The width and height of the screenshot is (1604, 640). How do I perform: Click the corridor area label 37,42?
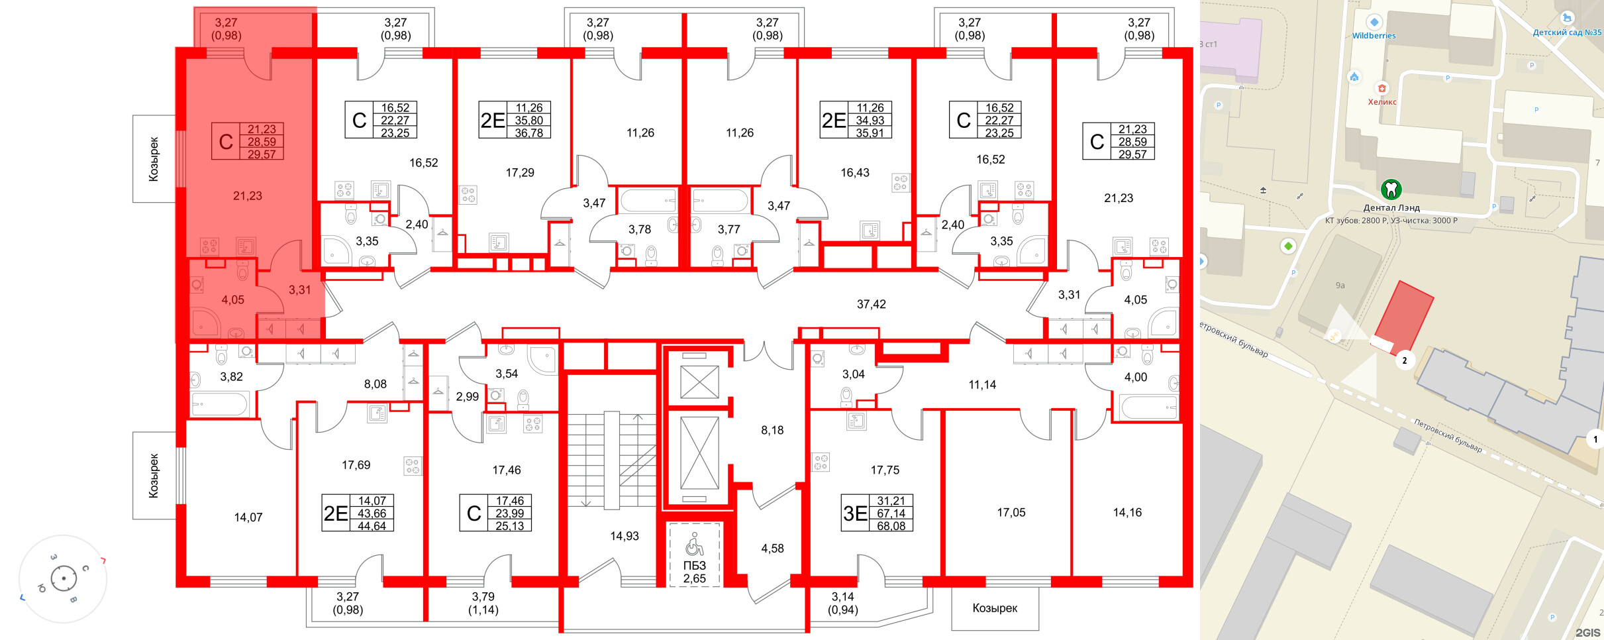(x=871, y=304)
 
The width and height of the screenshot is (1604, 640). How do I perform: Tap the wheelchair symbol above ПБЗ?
(x=694, y=545)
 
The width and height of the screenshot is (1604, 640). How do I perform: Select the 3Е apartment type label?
(x=855, y=513)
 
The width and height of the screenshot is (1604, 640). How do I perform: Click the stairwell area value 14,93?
(x=624, y=536)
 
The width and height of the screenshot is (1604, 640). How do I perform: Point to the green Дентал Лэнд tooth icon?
(x=1391, y=189)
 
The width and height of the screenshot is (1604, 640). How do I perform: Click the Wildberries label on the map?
(x=1374, y=36)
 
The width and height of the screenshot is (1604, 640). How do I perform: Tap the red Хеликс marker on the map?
(x=1381, y=88)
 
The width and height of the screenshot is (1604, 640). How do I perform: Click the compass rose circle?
(x=64, y=578)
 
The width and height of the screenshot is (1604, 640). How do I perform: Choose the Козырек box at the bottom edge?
(x=995, y=608)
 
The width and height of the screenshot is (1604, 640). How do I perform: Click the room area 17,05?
(x=1011, y=512)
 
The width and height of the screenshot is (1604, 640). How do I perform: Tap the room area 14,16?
(x=1127, y=512)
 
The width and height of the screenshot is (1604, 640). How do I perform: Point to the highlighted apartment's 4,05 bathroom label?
(x=232, y=300)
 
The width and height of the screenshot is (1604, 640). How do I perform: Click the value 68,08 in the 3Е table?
(x=891, y=526)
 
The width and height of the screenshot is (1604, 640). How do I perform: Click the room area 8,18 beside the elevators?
(x=772, y=431)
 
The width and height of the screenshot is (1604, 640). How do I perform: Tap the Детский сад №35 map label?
(x=1567, y=32)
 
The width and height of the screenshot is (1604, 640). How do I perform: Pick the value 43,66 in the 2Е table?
(x=372, y=513)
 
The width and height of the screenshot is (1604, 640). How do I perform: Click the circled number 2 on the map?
(x=1405, y=360)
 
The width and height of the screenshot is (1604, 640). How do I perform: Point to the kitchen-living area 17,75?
(x=885, y=470)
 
